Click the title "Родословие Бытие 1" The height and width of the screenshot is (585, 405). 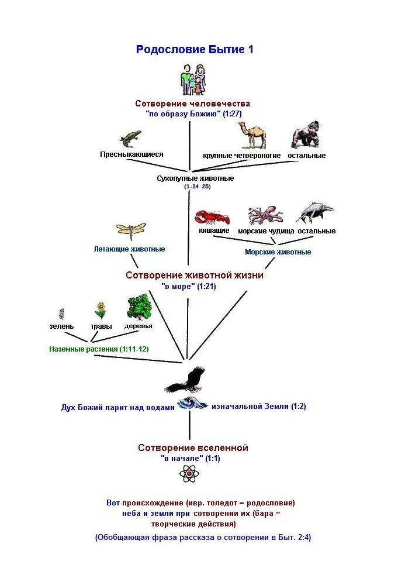pyautogui.click(x=195, y=49)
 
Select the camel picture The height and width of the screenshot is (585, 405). pyautogui.click(x=252, y=136)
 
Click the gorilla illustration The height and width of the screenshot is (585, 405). pyautogui.click(x=306, y=135)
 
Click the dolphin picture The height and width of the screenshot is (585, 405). pyautogui.click(x=316, y=214)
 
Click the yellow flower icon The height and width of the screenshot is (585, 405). pyautogui.click(x=101, y=309)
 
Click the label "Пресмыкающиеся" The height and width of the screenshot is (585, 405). pyautogui.click(x=131, y=154)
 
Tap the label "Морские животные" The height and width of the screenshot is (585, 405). pyautogui.click(x=278, y=252)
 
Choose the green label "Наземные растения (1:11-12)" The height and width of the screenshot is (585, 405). pyautogui.click(x=99, y=349)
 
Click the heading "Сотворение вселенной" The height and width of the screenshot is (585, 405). pyautogui.click(x=193, y=448)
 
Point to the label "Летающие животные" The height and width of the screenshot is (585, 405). pyautogui.click(x=129, y=249)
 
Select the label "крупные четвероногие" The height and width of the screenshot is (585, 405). pyautogui.click(x=242, y=156)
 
